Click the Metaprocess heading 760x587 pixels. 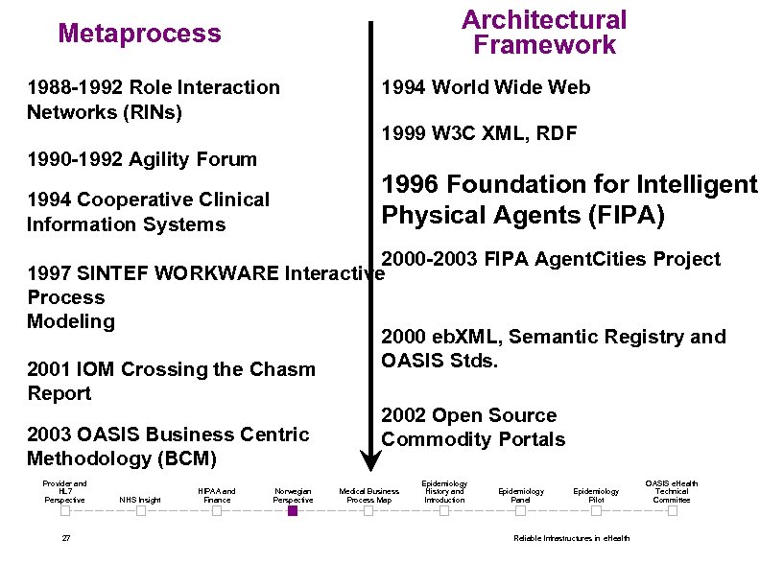coord(139,34)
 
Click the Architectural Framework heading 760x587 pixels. coord(543,33)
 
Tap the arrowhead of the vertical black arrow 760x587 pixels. coord(368,452)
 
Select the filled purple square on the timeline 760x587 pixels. coord(293,511)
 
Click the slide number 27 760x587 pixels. coord(65,538)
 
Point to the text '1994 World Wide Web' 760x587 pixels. coord(486,87)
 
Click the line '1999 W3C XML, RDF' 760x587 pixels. coord(479,134)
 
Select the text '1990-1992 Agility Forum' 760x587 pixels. coord(142,159)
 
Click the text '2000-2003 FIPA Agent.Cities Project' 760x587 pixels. coord(551,259)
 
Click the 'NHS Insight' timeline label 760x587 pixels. coord(140,500)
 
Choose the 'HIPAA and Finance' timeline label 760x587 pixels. coord(217,495)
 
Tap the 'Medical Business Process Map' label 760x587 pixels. coord(368,495)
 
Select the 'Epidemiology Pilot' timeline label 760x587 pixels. coord(596,495)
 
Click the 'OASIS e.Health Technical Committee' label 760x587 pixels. coord(672,491)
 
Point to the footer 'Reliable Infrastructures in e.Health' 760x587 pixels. coord(571,538)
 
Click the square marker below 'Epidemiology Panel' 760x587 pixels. coord(520,511)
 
